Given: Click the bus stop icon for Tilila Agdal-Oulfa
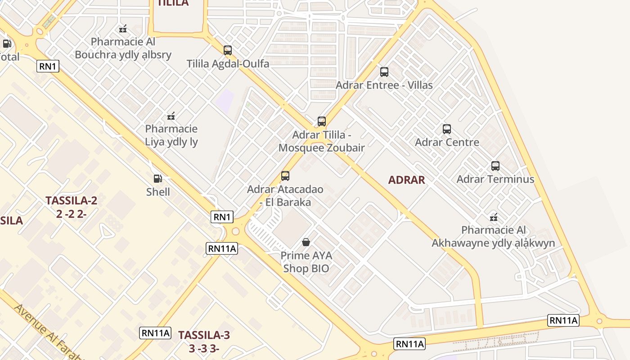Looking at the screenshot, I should [228, 50].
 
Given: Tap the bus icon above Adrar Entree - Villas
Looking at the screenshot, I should [384, 72].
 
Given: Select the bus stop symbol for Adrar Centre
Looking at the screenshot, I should [446, 129].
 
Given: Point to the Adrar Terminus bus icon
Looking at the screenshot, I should [495, 166].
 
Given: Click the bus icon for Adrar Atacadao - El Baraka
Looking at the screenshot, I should [285, 176].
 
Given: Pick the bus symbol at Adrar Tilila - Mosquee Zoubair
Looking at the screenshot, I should [321, 121].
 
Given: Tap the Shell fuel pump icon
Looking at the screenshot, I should [157, 179].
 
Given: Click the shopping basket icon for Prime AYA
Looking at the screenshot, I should [306, 242].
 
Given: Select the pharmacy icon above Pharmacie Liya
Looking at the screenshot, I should [171, 116].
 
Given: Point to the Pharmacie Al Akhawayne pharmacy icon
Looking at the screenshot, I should [494, 217].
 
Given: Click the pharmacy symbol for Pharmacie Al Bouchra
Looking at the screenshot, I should [123, 29].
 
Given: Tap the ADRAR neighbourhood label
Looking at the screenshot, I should [406, 180].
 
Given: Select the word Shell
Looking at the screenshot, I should [158, 192].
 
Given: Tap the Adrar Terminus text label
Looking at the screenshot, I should [495, 179].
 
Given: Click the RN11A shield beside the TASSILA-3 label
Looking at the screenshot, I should [155, 333].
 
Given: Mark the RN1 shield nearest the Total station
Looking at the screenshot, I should [48, 67].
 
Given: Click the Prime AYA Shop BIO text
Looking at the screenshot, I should [306, 262].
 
